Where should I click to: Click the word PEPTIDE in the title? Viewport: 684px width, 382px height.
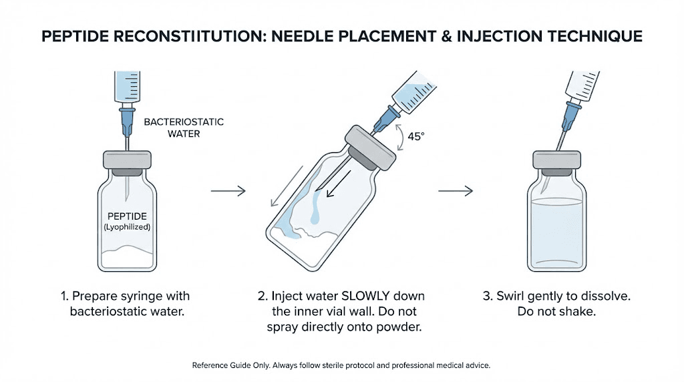coord(77,37)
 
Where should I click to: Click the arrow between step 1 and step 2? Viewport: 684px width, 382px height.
coord(228,192)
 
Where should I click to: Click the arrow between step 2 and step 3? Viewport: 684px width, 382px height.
coord(456,192)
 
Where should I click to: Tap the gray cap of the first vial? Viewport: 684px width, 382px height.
coord(126,160)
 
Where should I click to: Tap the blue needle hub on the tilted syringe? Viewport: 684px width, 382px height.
coord(383,120)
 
